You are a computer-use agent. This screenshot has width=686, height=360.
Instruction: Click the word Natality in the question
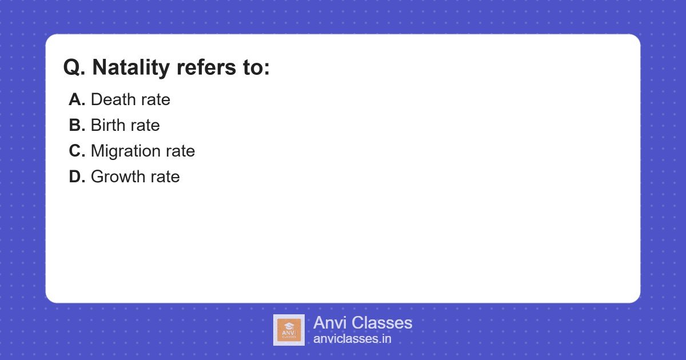131,67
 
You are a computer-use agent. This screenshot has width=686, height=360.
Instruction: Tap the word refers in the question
206,67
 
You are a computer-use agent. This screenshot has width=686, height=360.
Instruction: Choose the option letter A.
77,99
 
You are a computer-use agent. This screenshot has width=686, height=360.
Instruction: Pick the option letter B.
77,125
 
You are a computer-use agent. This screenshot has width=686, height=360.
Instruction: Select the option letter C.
77,151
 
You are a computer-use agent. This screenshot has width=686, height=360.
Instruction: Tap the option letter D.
77,177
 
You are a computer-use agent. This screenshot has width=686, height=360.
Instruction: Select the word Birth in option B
108,125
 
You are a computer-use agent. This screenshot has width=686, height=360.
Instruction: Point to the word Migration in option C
126,151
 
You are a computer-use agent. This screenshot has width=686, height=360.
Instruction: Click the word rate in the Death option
156,100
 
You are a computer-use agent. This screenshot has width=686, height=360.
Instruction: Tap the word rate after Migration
181,151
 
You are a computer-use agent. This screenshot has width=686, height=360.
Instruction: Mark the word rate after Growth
166,177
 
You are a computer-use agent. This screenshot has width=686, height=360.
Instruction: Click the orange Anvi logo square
289,330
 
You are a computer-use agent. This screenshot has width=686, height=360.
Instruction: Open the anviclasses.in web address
352,339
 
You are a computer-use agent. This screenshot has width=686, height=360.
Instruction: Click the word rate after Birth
146,126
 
